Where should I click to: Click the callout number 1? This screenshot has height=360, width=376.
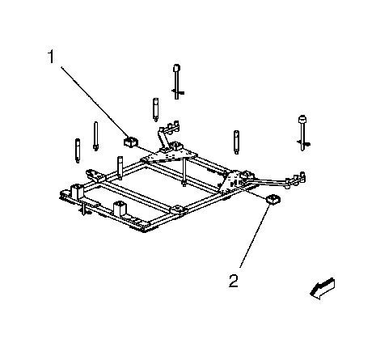pos(51,57)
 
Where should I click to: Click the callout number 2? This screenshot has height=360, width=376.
pos(234,281)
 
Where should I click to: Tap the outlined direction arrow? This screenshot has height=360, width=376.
pos(323,289)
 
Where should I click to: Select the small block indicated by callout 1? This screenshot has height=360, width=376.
pos(131,142)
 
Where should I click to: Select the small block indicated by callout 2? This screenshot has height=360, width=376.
pos(273,199)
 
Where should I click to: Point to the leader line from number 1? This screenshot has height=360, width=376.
pos(93,103)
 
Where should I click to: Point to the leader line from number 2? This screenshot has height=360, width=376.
pos(255,235)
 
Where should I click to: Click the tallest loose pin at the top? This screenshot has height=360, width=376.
pos(176,82)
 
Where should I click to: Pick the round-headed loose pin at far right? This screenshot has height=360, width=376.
pos(303,133)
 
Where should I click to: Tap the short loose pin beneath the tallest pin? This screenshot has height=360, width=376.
pos(155,110)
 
